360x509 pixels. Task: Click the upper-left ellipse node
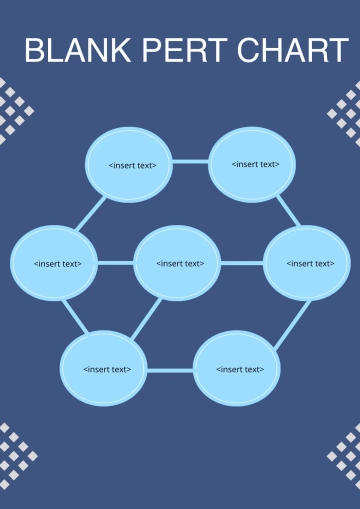click(x=132, y=165)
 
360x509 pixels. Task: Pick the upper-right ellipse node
click(x=255, y=164)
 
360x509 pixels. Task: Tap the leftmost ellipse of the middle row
click(x=55, y=264)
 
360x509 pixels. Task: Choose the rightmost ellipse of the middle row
click(x=306, y=263)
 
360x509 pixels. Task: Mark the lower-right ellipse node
click(x=237, y=369)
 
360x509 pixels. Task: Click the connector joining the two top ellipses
click(x=191, y=162)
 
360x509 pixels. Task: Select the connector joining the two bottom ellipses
click(x=170, y=370)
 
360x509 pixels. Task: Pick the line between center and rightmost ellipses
click(x=241, y=263)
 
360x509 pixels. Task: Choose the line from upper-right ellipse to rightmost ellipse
click(x=286, y=210)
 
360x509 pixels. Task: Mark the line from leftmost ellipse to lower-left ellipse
click(x=74, y=318)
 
